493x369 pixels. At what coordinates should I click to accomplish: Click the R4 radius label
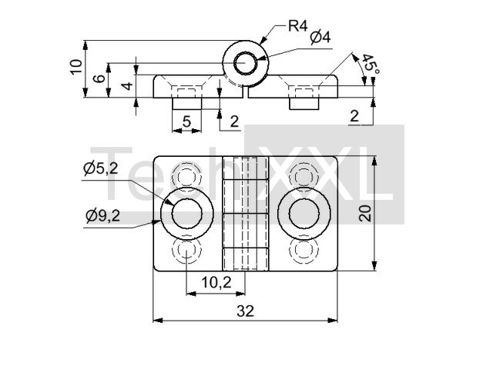[298, 25]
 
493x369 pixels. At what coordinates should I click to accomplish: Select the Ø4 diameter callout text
[320, 37]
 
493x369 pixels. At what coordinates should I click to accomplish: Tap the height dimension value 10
[75, 67]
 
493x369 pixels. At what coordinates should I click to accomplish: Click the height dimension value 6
[99, 78]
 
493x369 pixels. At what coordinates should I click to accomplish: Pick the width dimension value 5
[186, 121]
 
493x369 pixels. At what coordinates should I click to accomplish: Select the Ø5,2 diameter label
[101, 168]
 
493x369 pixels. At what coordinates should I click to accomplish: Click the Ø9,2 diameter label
[103, 216]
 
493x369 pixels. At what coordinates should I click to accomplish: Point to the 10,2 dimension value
[216, 282]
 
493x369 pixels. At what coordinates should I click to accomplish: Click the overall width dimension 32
[245, 311]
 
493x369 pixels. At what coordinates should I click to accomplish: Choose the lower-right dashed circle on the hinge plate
[304, 251]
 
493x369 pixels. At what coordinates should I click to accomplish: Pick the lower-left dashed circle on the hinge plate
[187, 251]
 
